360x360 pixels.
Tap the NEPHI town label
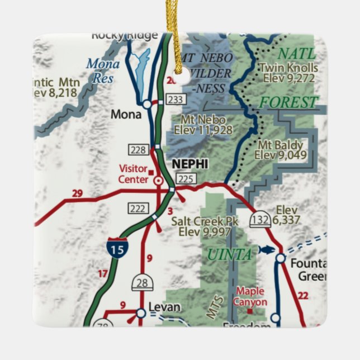pyautogui.click(x=190, y=164)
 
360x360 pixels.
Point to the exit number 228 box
pyautogui.click(x=138, y=149)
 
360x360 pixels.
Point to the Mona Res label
pyautogui.click(x=103, y=71)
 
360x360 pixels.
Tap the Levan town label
pyautogui.click(x=164, y=307)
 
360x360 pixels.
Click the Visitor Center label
pyautogui.click(x=133, y=174)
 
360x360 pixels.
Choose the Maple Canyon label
pyautogui.click(x=250, y=296)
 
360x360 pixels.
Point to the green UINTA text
pyautogui.click(x=229, y=255)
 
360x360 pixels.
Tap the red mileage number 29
pyautogui.click(x=77, y=194)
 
